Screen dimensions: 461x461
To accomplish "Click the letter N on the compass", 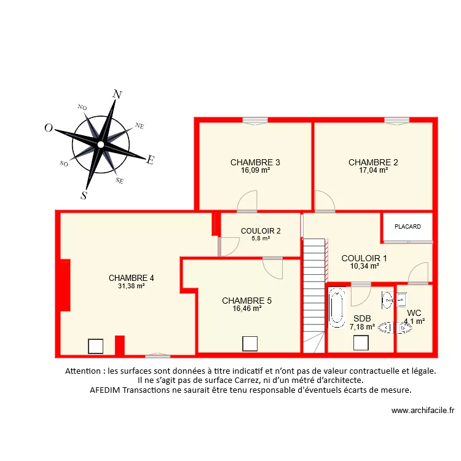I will pos(117,95).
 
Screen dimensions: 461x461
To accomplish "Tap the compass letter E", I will pos(150,160).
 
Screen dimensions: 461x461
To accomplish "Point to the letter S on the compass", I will pos(84,195).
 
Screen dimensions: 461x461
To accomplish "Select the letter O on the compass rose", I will pos(48,128).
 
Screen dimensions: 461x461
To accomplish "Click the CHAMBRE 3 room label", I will pos(255,162).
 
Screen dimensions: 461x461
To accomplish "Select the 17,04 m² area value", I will pos(373,170).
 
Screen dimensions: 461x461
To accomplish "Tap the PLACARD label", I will pos(408,227).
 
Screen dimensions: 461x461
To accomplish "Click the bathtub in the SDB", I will pos(337,309).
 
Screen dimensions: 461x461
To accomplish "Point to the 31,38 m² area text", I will pos(131,286).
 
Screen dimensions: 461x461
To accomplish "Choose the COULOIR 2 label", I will pos(261,231).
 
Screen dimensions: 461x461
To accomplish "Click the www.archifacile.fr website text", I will pos(422,411).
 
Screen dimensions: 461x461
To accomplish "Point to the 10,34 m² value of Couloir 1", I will pos(364,266).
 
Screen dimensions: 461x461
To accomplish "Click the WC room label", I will pos(414,312).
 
